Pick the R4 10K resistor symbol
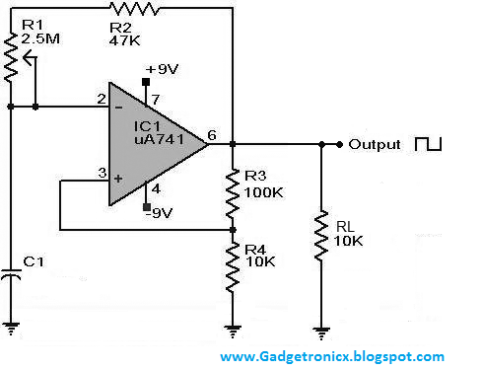[233, 265]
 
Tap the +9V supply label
[160, 69]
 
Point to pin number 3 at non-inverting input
[100, 174]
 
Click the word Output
[375, 144]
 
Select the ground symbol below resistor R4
[233, 331]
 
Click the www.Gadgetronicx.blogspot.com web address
[331, 357]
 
